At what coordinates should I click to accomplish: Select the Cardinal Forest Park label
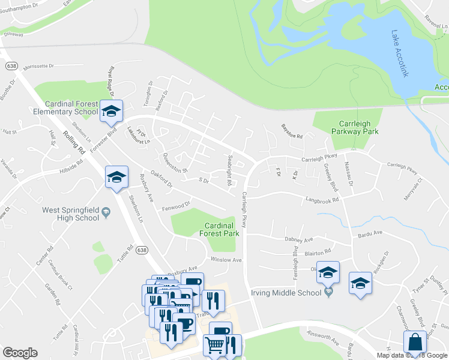218,229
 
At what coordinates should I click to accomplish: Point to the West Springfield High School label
70,214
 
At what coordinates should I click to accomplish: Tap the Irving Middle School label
286,293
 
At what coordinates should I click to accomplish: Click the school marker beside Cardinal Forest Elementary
111,111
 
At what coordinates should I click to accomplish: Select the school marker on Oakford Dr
116,177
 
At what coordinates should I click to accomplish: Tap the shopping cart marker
215,346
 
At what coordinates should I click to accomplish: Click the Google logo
20,353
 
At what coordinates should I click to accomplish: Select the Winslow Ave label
226,260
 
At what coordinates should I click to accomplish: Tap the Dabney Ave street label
300,239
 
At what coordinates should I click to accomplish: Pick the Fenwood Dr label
176,208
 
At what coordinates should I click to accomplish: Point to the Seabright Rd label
229,171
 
